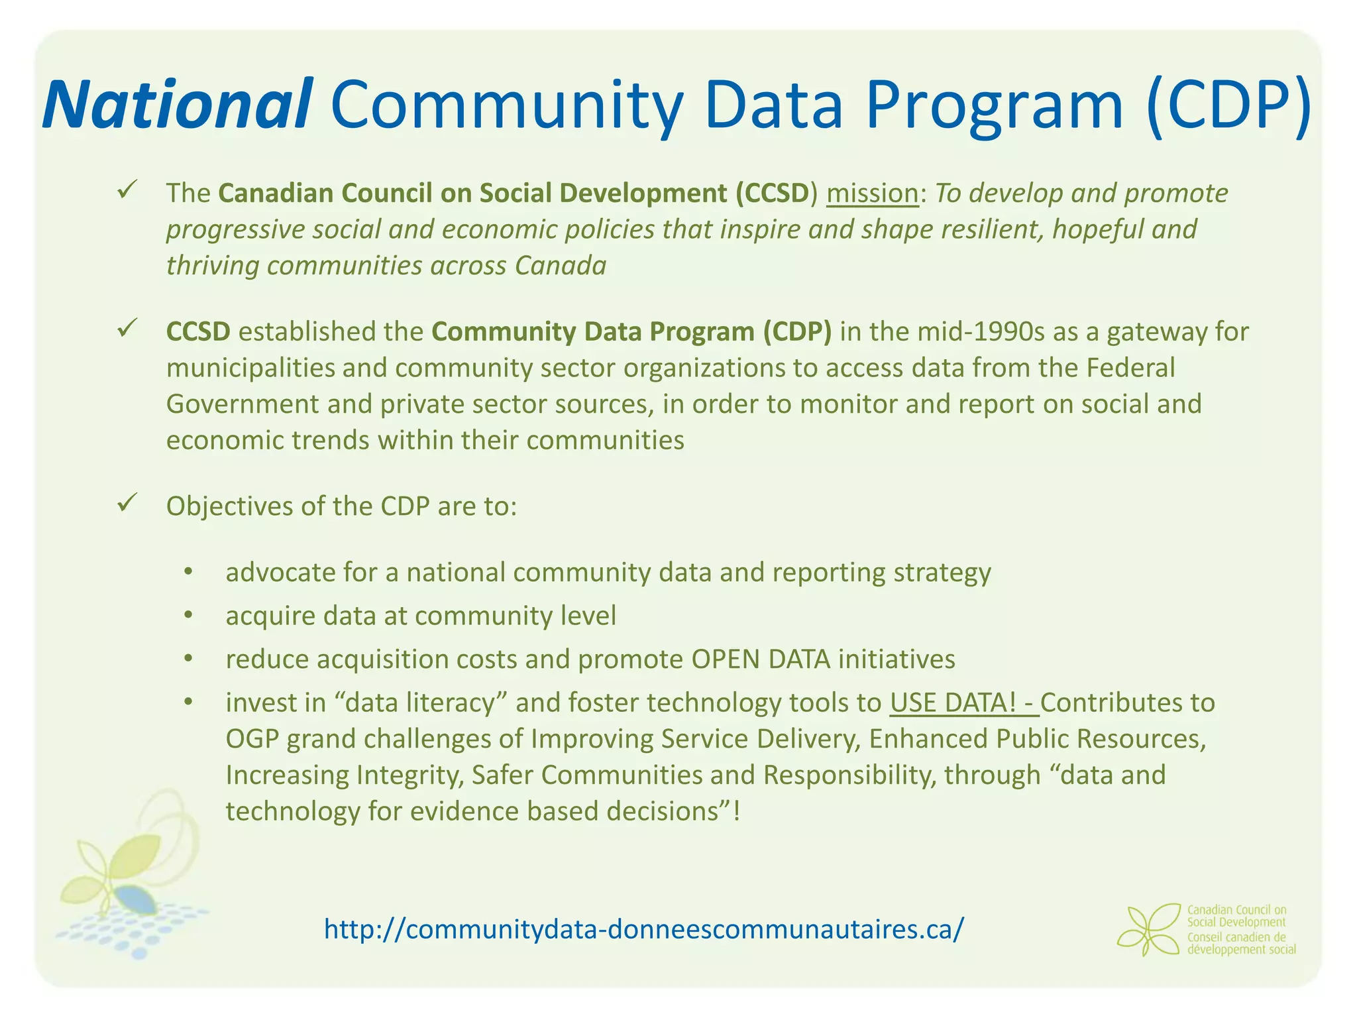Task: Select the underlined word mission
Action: [873, 193]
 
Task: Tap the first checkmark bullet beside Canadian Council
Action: [126, 189]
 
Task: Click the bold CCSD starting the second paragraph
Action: [198, 331]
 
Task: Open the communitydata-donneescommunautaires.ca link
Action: [643, 929]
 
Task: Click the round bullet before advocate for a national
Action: [188, 573]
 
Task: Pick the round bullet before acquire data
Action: [188, 616]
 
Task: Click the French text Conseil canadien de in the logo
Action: [1236, 937]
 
